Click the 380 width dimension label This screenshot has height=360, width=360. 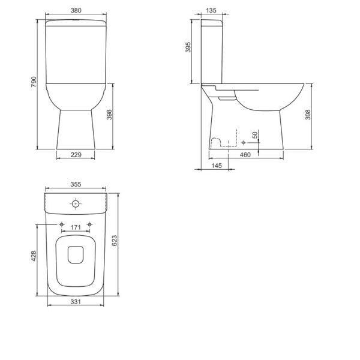[x=76, y=10]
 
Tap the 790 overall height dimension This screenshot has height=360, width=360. [x=34, y=82]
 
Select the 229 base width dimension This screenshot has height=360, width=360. [x=76, y=155]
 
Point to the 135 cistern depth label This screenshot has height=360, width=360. [x=211, y=10]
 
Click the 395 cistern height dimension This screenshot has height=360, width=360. [x=188, y=47]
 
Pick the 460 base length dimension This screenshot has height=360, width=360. [x=245, y=155]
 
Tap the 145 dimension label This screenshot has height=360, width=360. [x=217, y=166]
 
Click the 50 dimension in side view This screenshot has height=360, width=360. [x=255, y=135]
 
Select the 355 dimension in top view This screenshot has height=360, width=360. [x=76, y=184]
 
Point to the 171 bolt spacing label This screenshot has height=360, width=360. [x=76, y=227]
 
